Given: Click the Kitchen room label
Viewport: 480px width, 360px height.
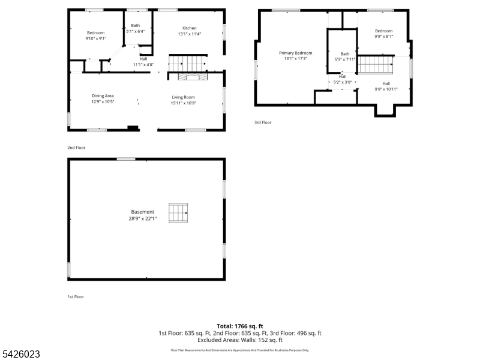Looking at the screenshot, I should pyautogui.click(x=189, y=28).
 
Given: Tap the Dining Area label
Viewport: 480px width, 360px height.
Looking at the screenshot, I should pyautogui.click(x=103, y=96).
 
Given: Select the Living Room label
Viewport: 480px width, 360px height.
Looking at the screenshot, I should pyautogui.click(x=183, y=97).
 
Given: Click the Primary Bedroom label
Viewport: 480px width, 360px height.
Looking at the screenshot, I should pyautogui.click(x=295, y=53).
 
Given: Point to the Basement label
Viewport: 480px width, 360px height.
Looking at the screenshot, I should pyautogui.click(x=143, y=212).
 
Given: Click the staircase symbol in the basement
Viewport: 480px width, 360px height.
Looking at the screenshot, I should pyautogui.click(x=178, y=212).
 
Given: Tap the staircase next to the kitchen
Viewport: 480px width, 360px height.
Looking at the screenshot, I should pyautogui.click(x=187, y=62).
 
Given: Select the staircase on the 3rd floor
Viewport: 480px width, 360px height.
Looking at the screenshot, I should pyautogui.click(x=375, y=64).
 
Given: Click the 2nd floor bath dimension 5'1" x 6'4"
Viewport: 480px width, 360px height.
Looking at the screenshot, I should pyautogui.click(x=136, y=31).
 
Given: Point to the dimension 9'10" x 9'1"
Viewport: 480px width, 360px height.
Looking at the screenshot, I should pyautogui.click(x=95, y=38).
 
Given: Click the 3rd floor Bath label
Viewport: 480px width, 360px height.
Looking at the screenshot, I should pyautogui.click(x=344, y=54).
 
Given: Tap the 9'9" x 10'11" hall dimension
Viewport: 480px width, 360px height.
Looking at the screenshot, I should pyautogui.click(x=386, y=89).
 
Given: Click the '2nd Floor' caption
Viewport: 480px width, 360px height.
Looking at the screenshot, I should pyautogui.click(x=76, y=147).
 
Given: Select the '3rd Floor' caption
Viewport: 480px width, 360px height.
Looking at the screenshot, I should pyautogui.click(x=263, y=122).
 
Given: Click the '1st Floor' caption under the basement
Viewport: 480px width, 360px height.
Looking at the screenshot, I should pyautogui.click(x=76, y=296).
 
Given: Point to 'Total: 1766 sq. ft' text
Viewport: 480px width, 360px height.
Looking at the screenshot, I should pyautogui.click(x=239, y=326).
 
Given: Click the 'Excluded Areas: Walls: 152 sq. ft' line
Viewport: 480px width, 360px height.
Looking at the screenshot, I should pyautogui.click(x=239, y=340).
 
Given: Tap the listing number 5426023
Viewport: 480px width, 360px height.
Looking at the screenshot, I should pyautogui.click(x=20, y=355).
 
